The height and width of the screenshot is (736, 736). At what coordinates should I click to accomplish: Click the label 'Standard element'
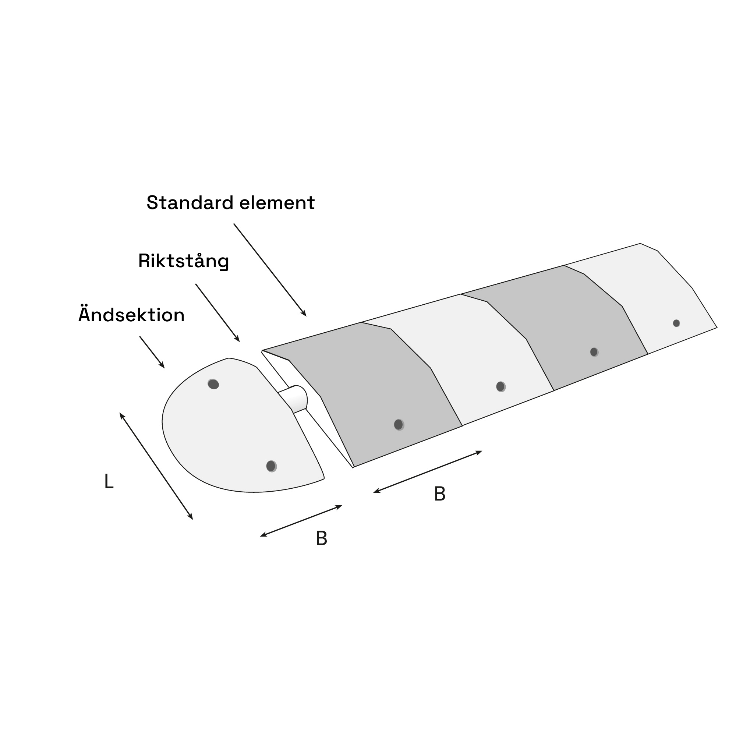230,202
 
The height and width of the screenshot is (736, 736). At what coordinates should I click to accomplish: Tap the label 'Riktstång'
184,261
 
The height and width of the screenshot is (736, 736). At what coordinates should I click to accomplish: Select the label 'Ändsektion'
131,314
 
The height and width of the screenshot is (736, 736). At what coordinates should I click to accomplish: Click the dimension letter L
109,481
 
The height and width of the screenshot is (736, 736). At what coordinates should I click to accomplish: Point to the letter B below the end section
322,539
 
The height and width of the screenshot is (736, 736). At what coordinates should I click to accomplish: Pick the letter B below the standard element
440,494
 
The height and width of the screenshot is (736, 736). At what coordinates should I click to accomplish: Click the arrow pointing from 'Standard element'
270,270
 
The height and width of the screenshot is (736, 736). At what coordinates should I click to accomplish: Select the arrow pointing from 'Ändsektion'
152,353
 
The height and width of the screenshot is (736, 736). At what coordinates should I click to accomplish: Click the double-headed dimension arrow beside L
156,466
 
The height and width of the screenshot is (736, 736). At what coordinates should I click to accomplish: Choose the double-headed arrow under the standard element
428,472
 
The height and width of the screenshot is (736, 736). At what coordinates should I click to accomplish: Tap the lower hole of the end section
271,466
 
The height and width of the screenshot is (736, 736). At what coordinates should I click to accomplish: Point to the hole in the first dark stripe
399,425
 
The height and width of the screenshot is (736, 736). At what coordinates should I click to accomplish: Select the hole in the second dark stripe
594,352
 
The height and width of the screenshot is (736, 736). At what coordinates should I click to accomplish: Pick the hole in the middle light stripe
501,387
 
